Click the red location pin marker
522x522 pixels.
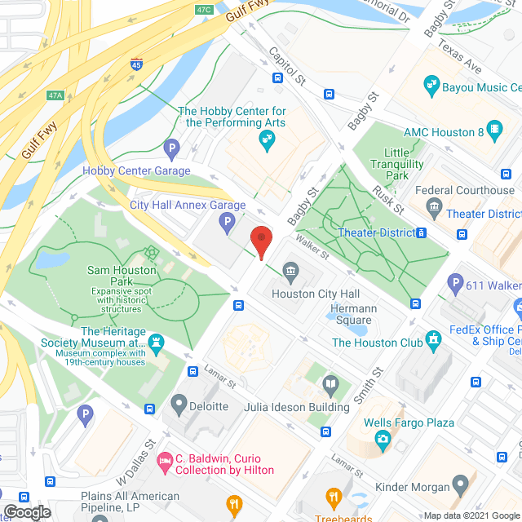pos(260,241)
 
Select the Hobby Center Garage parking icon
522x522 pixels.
pos(171,148)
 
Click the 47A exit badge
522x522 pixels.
pos(55,95)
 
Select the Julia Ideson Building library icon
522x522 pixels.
pos(330,383)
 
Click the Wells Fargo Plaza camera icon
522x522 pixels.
pos(382,440)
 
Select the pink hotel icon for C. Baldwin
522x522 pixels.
pos(165,462)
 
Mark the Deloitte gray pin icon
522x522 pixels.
pos(179,403)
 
